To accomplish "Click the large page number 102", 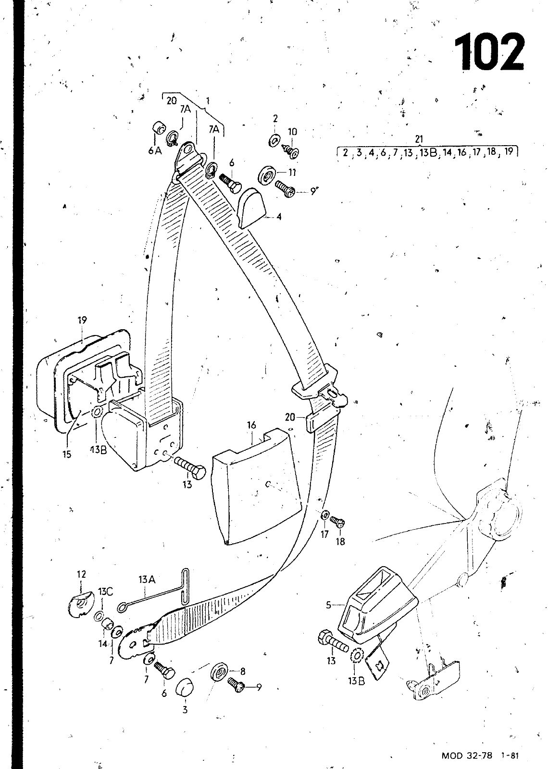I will point(489,52).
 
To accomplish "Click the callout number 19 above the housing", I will point(82,320).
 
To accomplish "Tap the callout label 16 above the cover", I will point(251,425).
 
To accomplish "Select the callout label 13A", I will point(147,581).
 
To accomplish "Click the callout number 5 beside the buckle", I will point(329,605).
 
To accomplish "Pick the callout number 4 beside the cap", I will point(279,216).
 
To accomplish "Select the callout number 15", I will point(67,454).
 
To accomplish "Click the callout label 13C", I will point(105,592).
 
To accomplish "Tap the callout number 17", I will point(325,534).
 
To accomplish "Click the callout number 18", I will point(340,542).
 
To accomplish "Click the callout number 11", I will point(292,172).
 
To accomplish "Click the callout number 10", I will point(292,132).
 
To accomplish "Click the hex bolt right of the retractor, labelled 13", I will point(190,466).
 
